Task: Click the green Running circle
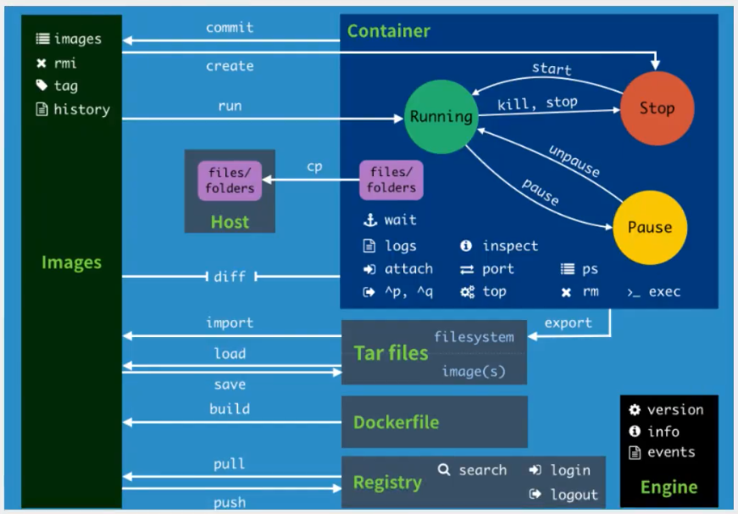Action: click(x=441, y=117)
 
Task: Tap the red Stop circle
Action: click(x=657, y=108)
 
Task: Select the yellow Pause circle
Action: click(x=650, y=227)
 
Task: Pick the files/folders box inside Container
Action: click(x=391, y=180)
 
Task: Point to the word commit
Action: click(x=230, y=27)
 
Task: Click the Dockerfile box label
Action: click(x=397, y=423)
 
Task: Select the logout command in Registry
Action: click(x=574, y=495)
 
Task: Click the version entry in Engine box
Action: click(x=674, y=410)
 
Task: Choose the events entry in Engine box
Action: click(x=671, y=452)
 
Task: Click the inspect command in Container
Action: click(x=510, y=246)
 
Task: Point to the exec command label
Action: click(x=664, y=291)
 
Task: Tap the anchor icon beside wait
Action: click(x=369, y=220)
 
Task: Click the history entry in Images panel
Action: click(x=81, y=109)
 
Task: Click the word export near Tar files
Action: click(x=568, y=323)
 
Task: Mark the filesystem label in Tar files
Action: click(x=474, y=337)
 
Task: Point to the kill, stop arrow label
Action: click(x=537, y=102)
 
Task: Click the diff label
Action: click(x=230, y=276)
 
